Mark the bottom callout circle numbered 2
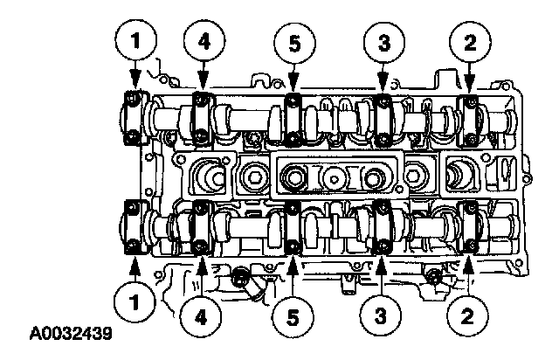click(x=467, y=315)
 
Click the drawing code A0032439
click(x=71, y=334)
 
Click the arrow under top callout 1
click(x=135, y=75)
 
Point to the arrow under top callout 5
click(x=293, y=78)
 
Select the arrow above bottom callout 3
click(x=381, y=276)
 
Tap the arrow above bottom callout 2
click(x=468, y=275)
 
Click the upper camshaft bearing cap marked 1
click(x=134, y=118)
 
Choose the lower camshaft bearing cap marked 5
click(x=293, y=227)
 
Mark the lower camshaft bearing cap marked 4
click(x=201, y=228)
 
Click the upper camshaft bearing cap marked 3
click(x=383, y=120)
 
